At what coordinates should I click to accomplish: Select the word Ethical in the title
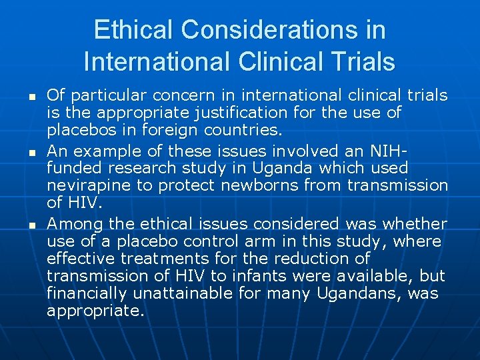coord(132,30)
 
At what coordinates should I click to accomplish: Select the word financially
coord(88,293)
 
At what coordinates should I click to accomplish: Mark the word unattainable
coord(183,293)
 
